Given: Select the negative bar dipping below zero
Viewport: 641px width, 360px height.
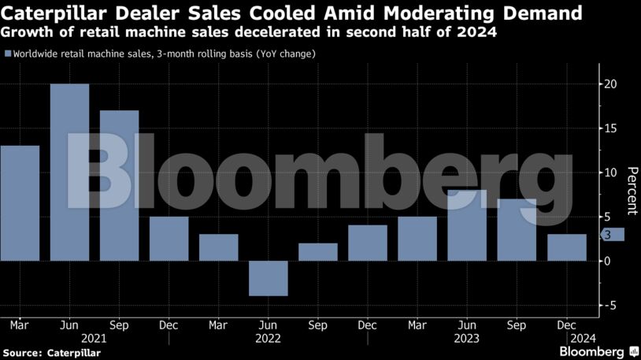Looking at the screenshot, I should pyautogui.click(x=269, y=278).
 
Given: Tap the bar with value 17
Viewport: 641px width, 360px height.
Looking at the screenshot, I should pyautogui.click(x=119, y=185).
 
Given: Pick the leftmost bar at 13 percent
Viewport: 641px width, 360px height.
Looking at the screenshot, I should pyautogui.click(x=20, y=202).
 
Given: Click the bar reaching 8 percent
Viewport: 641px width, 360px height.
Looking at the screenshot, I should pyautogui.click(x=467, y=225).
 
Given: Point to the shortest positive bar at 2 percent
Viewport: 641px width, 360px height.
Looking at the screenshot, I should pyautogui.click(x=318, y=252).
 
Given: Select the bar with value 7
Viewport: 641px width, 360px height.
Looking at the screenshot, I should pyautogui.click(x=517, y=229).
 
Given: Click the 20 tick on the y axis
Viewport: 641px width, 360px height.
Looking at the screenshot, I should pyautogui.click(x=610, y=84).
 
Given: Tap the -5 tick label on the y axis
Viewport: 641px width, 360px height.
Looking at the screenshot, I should pyautogui.click(x=610, y=305).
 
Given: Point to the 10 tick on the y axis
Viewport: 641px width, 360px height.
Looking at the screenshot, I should pyautogui.click(x=610, y=173).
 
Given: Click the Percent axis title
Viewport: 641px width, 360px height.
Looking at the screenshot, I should pyautogui.click(x=631, y=191).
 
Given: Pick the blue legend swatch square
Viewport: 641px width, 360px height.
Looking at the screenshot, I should pyautogui.click(x=8, y=54).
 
